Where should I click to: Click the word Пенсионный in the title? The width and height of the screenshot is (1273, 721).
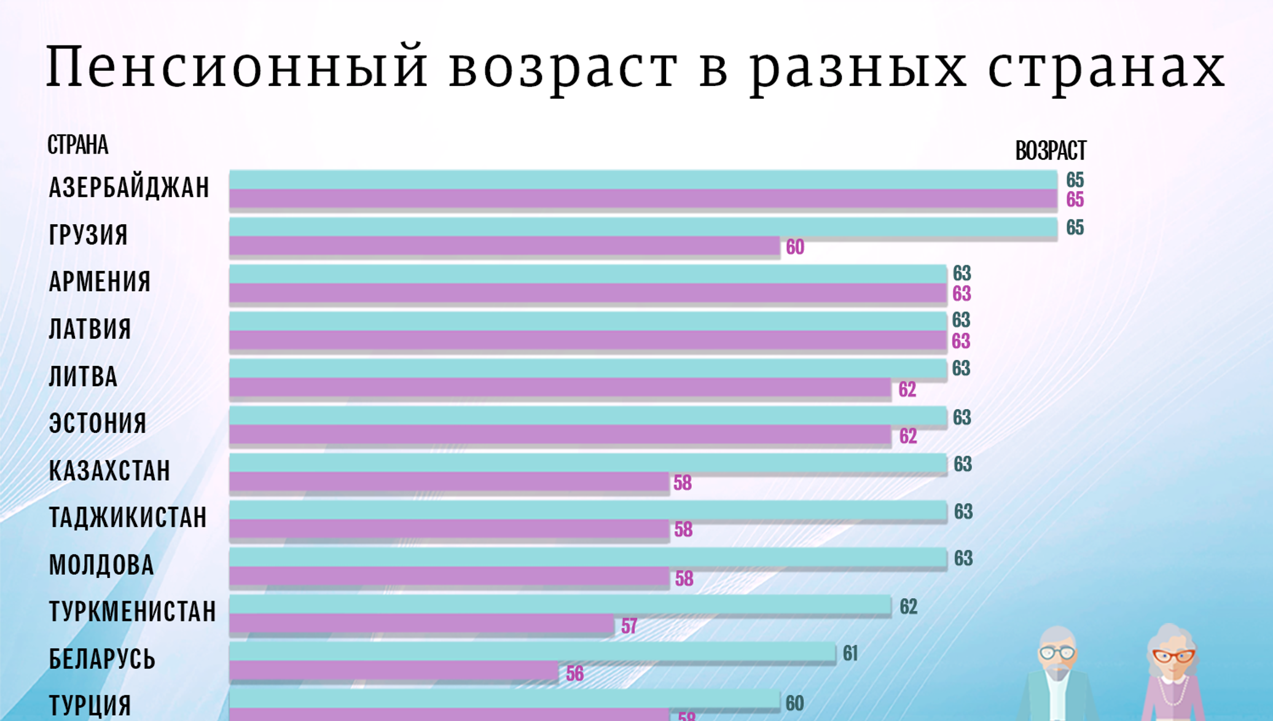pyautogui.click(x=237, y=66)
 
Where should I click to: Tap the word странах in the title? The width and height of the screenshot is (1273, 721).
pyautogui.click(x=1106, y=66)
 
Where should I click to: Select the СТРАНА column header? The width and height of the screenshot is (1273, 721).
pyautogui.click(x=77, y=145)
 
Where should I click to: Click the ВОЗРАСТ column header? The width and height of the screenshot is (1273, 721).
pyautogui.click(x=1050, y=150)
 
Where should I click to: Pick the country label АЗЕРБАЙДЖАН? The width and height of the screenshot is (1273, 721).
pyautogui.click(x=129, y=187)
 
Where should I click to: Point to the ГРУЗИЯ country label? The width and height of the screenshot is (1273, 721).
pyautogui.click(x=88, y=235)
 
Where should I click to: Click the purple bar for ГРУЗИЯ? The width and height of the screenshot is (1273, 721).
pyautogui.click(x=504, y=247)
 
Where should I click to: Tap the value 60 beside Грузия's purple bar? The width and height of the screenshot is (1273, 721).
pyautogui.click(x=794, y=247)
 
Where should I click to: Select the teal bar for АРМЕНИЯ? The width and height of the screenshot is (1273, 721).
pyautogui.click(x=587, y=274)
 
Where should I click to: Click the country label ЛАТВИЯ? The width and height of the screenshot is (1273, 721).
pyautogui.click(x=90, y=329)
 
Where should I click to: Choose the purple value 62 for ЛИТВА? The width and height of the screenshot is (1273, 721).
pyautogui.click(x=907, y=389)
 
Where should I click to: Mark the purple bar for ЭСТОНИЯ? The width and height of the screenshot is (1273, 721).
pyautogui.click(x=559, y=435)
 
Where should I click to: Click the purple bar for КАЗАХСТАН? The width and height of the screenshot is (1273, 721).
pyautogui.click(x=448, y=483)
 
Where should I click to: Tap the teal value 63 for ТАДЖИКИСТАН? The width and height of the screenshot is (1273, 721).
pyautogui.click(x=963, y=512)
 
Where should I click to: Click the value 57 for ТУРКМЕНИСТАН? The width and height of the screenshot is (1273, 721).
pyautogui.click(x=629, y=626)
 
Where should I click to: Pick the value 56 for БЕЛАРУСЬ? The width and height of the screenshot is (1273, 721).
pyautogui.click(x=574, y=674)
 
